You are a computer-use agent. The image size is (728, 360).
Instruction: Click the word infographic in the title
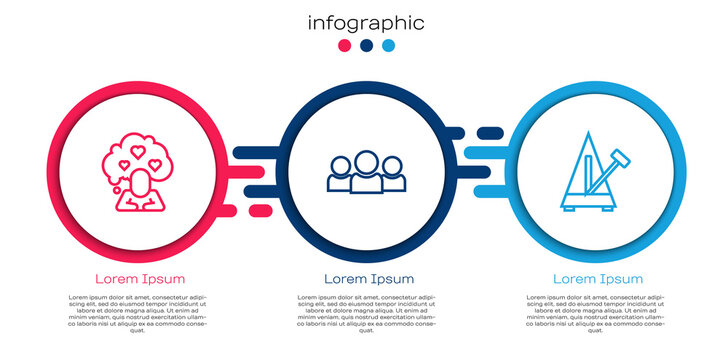point(365,23)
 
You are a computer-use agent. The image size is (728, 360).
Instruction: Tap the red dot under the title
point(345,45)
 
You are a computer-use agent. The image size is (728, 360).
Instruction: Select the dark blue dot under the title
point(366,45)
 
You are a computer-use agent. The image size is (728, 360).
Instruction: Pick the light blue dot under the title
point(387,45)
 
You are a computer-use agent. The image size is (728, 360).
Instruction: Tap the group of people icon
point(365,172)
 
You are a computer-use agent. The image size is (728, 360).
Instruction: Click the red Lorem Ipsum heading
point(139,278)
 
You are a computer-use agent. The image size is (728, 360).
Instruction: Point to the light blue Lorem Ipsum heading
point(598,278)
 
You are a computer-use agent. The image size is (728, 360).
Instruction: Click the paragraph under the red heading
point(139,312)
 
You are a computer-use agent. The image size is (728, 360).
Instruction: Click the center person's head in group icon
point(365,160)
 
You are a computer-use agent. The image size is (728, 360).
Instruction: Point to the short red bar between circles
point(259,210)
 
